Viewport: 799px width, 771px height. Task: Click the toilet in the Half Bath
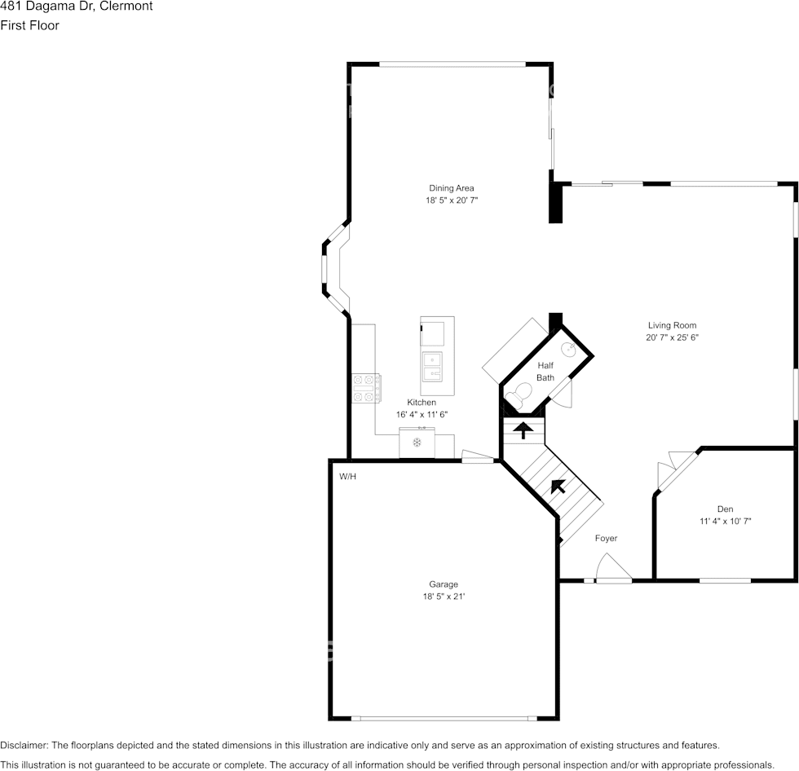517,399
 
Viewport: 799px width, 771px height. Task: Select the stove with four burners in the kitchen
366,388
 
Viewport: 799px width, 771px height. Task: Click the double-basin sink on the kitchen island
431,368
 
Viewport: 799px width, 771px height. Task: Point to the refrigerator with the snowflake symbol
417,443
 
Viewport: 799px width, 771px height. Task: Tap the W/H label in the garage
347,476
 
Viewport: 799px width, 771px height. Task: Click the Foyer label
606,538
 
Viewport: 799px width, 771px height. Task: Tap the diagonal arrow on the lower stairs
558,487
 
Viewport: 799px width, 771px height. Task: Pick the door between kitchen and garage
478,458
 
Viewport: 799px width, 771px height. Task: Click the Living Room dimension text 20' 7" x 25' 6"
672,337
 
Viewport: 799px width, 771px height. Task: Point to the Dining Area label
451,188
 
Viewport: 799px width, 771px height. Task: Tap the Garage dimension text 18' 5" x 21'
444,597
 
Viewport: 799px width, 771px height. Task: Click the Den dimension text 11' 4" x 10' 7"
725,521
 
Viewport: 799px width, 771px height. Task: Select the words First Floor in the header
29,25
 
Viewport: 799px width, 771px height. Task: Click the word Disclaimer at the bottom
24,745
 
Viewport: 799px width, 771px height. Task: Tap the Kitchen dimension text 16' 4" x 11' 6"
422,415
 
